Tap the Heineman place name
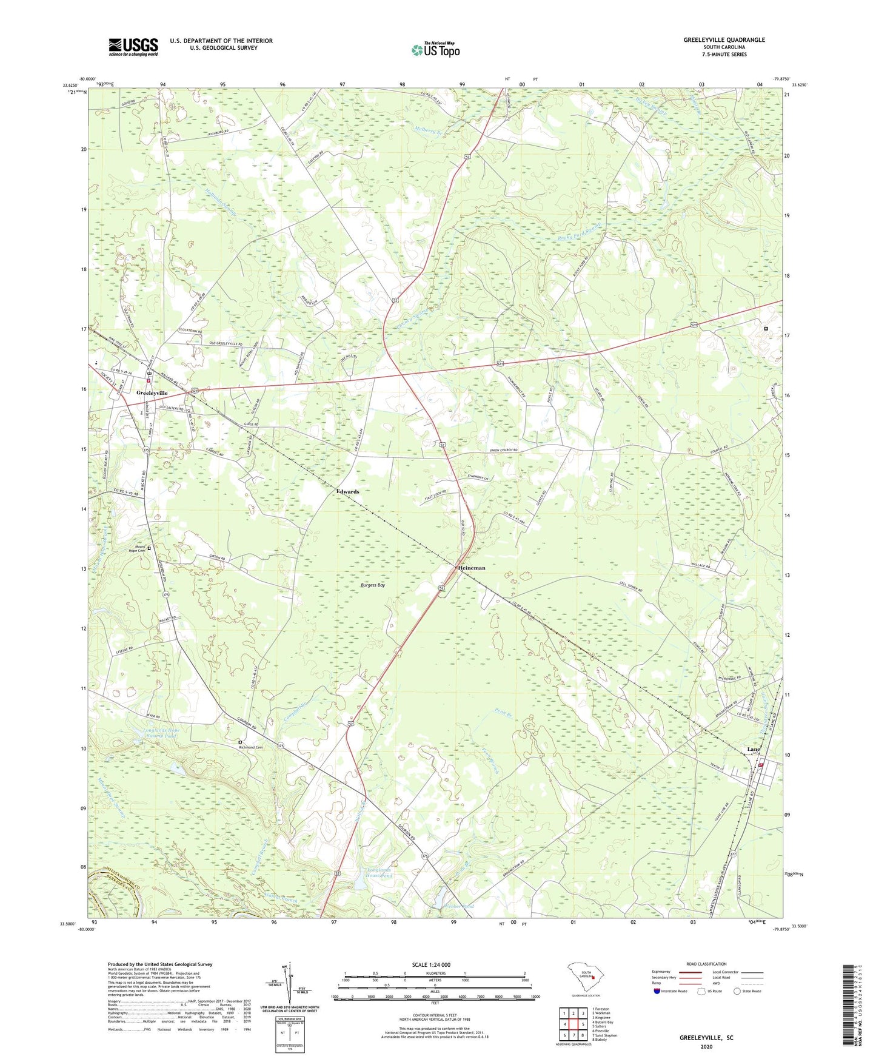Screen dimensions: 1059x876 coord(471,568)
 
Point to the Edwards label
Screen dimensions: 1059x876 coord(348,492)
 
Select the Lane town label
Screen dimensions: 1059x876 coord(753,750)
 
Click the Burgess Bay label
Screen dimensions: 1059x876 coord(373,585)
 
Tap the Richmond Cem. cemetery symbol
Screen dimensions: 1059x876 coord(240,742)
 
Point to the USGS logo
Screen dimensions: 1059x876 coord(133,47)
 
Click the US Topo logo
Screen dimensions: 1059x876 coord(435,50)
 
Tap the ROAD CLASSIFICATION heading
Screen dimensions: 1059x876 coord(706,964)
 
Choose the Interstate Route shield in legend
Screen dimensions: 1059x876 coord(657,991)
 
